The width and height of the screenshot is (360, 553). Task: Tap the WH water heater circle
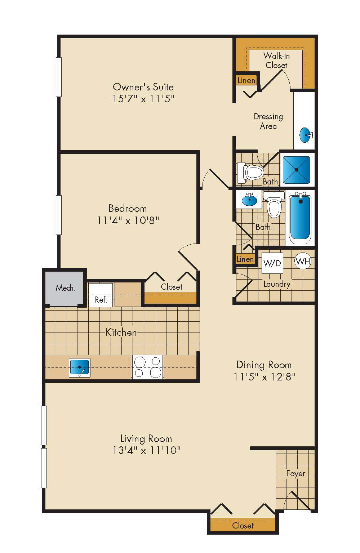point(302,261)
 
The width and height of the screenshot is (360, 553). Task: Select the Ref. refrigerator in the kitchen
point(101,295)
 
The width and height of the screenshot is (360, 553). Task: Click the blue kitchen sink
point(80,367)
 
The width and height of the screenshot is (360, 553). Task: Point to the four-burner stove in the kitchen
point(148,367)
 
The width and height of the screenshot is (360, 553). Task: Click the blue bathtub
point(300,217)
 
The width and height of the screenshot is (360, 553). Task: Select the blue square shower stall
point(296,170)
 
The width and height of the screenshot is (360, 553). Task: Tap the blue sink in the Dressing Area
point(306,135)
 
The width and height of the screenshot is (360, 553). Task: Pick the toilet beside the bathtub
point(274,205)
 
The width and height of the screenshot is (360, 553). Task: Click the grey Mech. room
point(65,288)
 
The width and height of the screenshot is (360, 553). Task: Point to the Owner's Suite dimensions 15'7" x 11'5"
point(143,99)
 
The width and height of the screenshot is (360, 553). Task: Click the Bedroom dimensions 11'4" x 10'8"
point(128,220)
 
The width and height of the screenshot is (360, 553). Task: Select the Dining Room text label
point(264,365)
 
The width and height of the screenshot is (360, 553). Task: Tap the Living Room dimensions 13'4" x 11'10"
point(146,450)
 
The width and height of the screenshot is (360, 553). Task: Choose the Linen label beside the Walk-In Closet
point(246,80)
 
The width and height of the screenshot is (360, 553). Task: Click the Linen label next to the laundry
point(245,259)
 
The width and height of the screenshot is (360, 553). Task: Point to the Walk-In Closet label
point(276,61)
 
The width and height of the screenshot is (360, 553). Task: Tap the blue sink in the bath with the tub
point(249,200)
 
